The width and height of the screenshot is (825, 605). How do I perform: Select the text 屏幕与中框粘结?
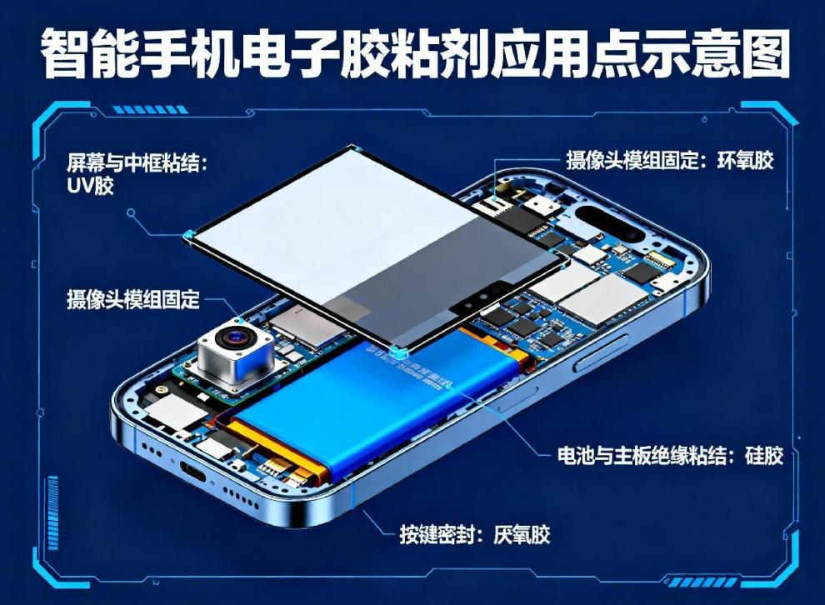(x=133, y=162)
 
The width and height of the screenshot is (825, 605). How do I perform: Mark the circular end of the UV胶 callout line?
(x=132, y=212)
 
